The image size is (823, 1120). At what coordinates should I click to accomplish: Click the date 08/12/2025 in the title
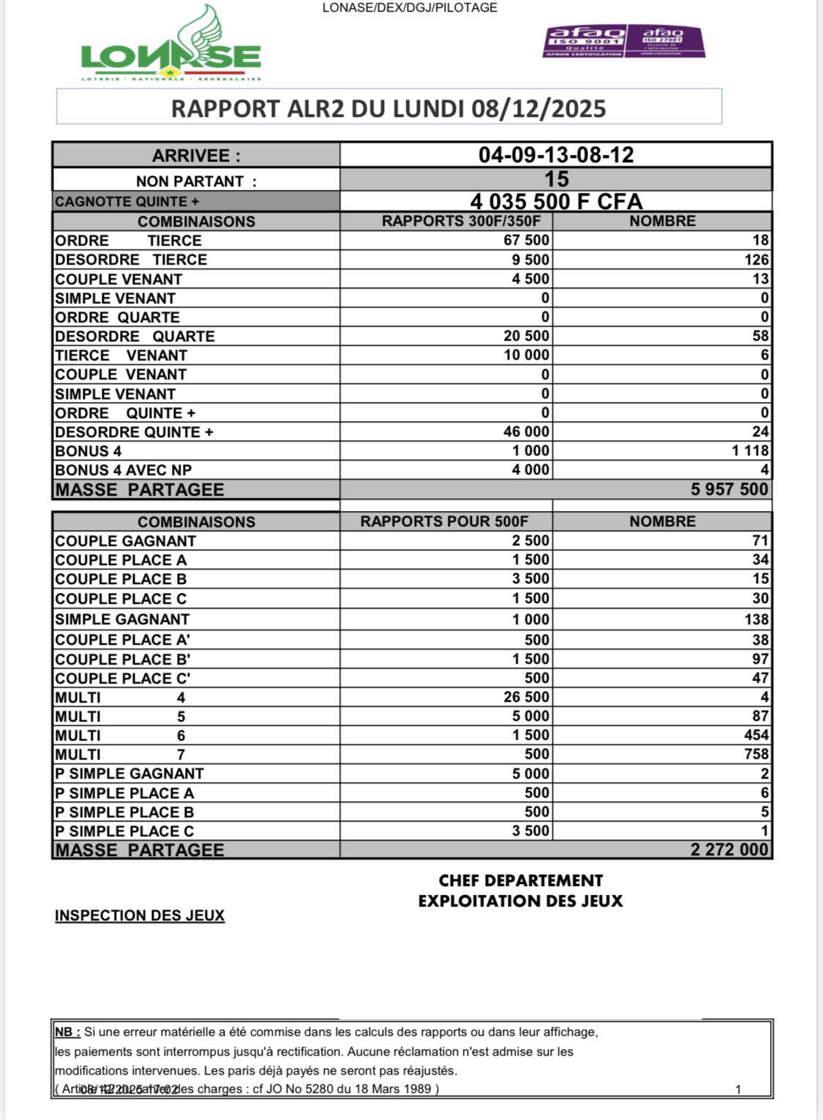tap(538, 109)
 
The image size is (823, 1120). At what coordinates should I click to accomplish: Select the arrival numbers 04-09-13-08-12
tap(556, 155)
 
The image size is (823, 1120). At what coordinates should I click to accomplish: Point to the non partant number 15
tap(556, 179)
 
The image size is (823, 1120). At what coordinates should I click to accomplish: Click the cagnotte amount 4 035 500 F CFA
tap(556, 202)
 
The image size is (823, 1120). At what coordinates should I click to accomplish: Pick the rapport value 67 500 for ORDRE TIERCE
tap(526, 241)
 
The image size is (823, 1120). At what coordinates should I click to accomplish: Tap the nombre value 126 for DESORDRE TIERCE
tap(756, 260)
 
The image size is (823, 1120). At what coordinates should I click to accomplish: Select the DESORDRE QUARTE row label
tap(135, 336)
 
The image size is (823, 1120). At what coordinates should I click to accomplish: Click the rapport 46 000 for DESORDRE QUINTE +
tap(526, 432)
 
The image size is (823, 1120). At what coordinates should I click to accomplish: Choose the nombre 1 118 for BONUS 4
tap(750, 451)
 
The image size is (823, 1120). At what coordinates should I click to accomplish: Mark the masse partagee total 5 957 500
tap(729, 490)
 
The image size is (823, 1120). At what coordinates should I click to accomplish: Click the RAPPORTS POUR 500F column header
tap(444, 521)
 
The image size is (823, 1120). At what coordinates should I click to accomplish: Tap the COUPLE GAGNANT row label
tap(125, 541)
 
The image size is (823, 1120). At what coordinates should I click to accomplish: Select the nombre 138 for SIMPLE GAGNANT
tap(756, 619)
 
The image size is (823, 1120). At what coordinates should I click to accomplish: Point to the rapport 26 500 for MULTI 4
tap(526, 697)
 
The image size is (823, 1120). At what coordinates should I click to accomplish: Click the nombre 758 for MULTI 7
tap(756, 754)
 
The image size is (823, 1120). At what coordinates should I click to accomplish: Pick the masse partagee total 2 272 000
tap(729, 850)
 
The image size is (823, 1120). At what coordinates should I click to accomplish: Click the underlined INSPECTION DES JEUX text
tap(140, 915)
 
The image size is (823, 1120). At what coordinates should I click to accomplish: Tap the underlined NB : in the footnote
tap(67, 1032)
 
